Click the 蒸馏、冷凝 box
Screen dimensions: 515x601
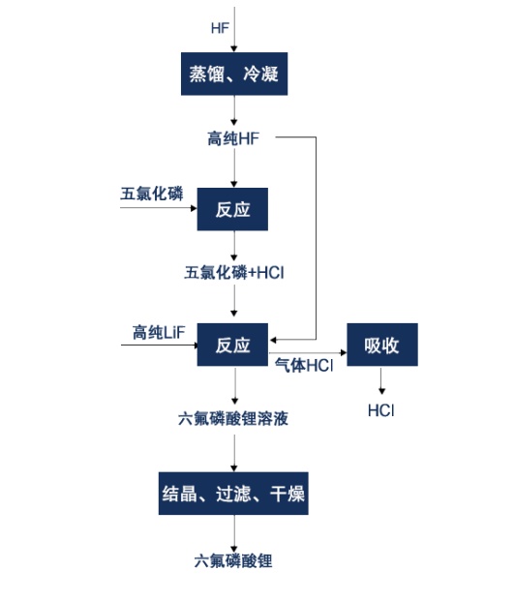tap(234, 74)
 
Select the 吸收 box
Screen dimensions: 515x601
tap(382, 345)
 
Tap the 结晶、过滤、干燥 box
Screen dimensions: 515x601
tap(233, 494)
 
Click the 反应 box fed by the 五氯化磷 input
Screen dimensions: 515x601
tap(232, 209)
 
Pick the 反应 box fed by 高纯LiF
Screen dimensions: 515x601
tap(232, 345)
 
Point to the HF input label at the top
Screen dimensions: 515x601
tap(220, 28)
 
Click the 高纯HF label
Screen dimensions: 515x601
tap(233, 138)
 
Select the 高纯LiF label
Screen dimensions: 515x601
tap(159, 332)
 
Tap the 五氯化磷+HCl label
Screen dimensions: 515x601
tap(234, 273)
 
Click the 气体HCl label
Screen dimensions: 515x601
tap(304, 365)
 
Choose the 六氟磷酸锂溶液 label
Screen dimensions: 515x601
tap(233, 418)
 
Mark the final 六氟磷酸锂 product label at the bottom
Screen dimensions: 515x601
tap(233, 561)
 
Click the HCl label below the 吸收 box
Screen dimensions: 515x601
tap(381, 410)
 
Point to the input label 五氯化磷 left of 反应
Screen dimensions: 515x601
tap(152, 194)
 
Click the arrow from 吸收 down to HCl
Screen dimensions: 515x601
tap(381, 380)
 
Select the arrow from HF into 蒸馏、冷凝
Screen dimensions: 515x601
tap(234, 29)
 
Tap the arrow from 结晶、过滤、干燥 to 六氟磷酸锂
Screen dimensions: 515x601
tap(234, 533)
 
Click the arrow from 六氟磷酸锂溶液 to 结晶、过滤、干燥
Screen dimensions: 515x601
tap(234, 453)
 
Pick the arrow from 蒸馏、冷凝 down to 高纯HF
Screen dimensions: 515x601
tap(234, 110)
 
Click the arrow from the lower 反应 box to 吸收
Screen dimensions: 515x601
tap(308, 352)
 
